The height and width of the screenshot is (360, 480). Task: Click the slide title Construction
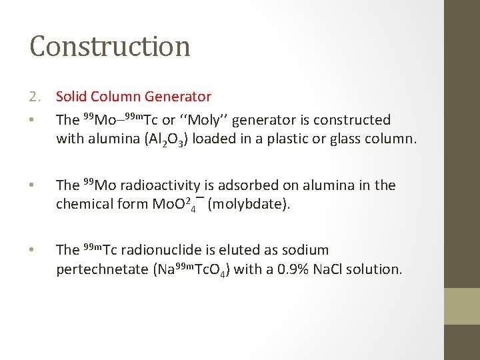(110, 46)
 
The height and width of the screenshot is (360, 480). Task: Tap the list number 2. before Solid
(36, 97)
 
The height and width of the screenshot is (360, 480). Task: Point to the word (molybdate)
(249, 204)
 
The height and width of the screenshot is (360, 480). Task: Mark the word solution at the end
(377, 269)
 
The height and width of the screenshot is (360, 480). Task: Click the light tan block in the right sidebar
(462, 306)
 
